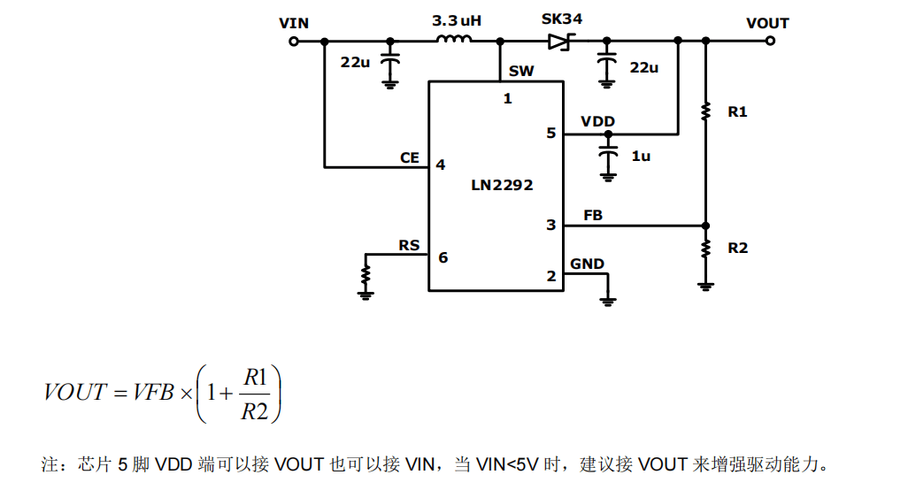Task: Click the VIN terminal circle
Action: [294, 41]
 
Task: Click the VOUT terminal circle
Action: [771, 41]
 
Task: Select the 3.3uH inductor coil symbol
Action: [454, 39]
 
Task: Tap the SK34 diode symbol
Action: [561, 41]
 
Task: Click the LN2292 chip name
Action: [502, 185]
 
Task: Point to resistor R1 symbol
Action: [705, 111]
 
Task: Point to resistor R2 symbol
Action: [705, 248]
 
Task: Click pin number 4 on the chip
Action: [441, 165]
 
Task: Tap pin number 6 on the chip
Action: [443, 257]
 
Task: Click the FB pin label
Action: [593, 216]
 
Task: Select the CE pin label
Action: [410, 157]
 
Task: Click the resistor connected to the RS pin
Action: [366, 274]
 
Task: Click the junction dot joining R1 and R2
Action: [705, 226]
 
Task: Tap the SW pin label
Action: [521, 72]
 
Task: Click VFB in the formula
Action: [153, 392]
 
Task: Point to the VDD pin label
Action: [597, 121]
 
